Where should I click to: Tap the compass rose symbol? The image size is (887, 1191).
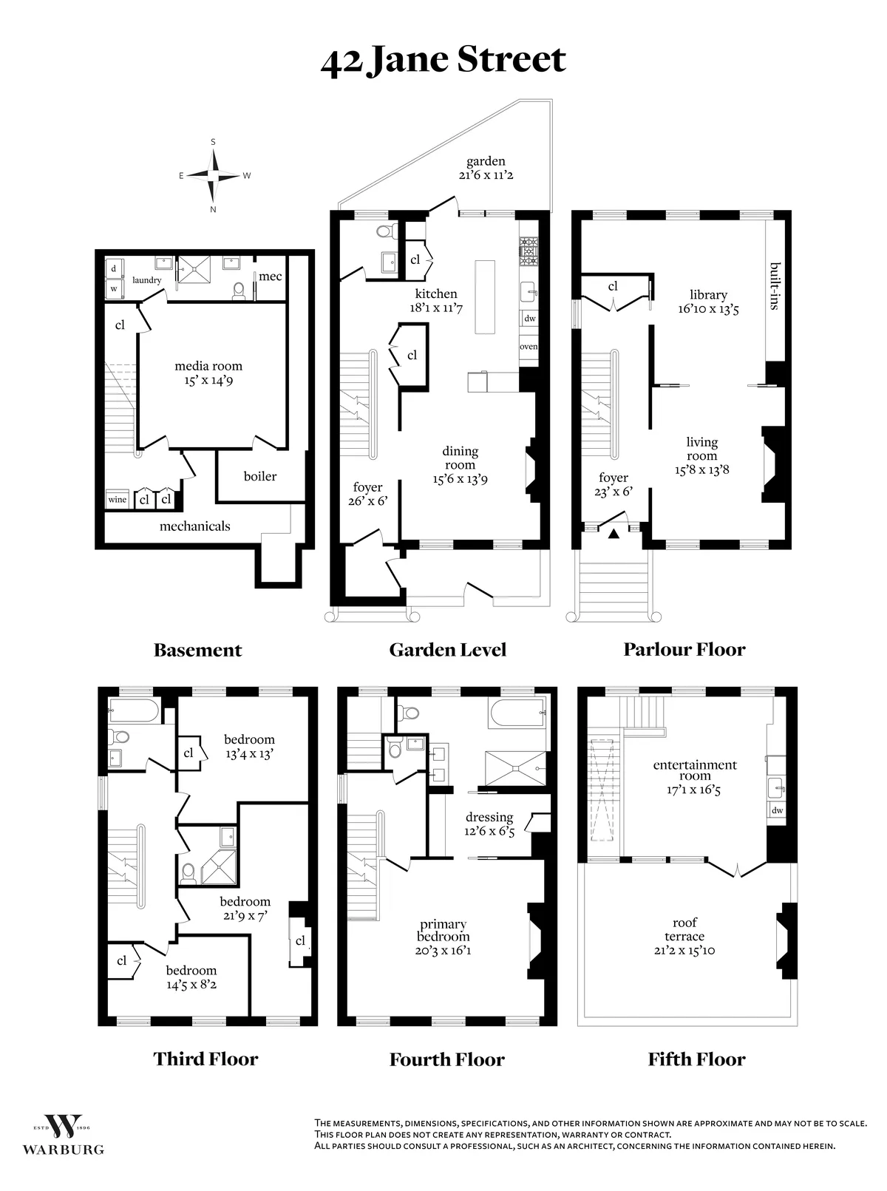tap(214, 176)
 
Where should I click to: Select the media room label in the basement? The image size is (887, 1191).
tap(208, 373)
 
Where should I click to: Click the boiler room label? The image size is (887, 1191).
tap(260, 476)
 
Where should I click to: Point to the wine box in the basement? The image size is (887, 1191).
tap(118, 500)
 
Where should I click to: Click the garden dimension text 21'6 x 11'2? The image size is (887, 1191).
tap(485, 175)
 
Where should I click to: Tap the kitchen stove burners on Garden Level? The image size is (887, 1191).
tap(529, 251)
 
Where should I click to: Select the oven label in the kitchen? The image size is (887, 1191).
tap(529, 346)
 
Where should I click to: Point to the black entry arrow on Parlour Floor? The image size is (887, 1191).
tap(613, 533)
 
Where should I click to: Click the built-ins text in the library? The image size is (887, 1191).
tap(774, 285)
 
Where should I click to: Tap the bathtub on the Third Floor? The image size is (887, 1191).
tap(133, 712)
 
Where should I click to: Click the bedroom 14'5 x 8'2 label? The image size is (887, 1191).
tap(191, 977)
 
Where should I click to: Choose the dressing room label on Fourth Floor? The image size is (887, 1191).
tap(489, 824)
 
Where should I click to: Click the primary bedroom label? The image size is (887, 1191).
tap(443, 937)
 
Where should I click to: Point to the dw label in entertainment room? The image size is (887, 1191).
tap(777, 810)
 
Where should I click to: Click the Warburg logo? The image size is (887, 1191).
tap(63, 1135)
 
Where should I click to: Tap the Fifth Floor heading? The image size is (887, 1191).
tap(696, 1059)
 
